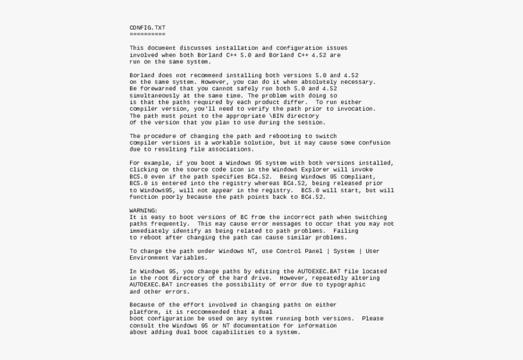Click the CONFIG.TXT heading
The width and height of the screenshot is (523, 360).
(x=147, y=28)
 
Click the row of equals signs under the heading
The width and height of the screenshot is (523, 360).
(x=147, y=35)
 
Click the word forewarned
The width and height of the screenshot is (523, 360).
(x=158, y=89)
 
